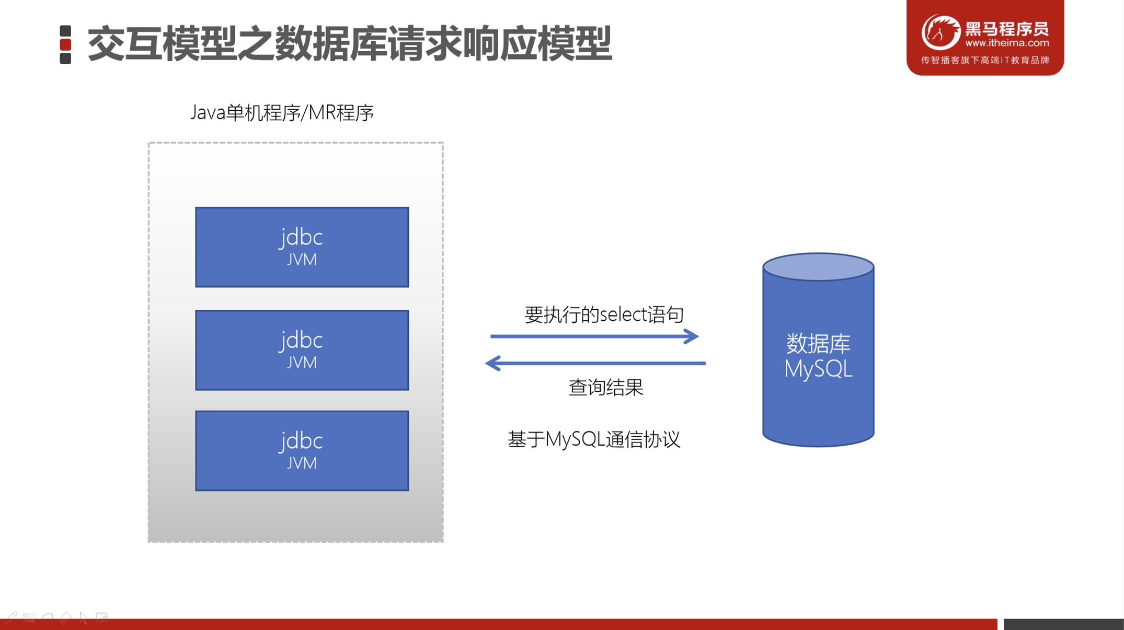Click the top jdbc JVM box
click(x=302, y=247)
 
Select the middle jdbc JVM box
click(x=302, y=350)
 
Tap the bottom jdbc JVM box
click(x=302, y=451)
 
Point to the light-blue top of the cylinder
click(x=818, y=266)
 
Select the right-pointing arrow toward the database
click(x=594, y=336)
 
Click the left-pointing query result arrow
click(x=595, y=363)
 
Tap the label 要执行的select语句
click(x=604, y=314)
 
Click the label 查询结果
click(x=605, y=388)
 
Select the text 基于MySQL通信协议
click(x=594, y=439)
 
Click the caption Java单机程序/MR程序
click(x=282, y=113)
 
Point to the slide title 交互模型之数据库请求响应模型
click(x=349, y=44)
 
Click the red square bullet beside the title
click(x=65, y=44)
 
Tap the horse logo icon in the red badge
click(x=941, y=32)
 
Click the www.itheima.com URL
click(x=1007, y=43)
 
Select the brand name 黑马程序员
click(x=1007, y=28)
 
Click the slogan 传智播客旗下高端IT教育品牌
click(x=985, y=61)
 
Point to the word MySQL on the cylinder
click(x=818, y=369)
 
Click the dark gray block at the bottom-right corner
click(x=1063, y=624)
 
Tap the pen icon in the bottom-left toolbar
click(x=11, y=618)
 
